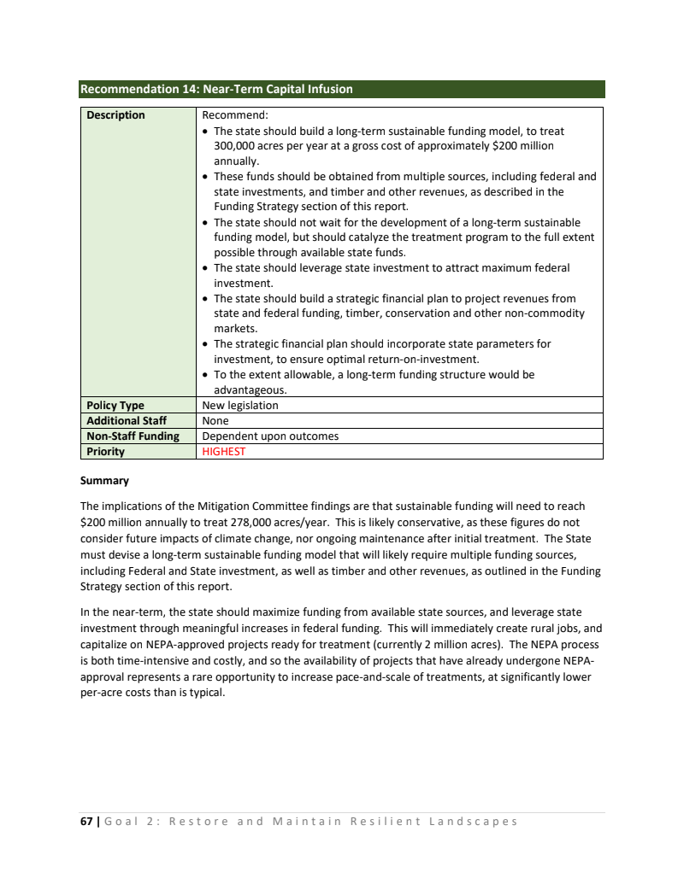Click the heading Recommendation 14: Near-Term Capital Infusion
215,89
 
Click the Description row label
115,115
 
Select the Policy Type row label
115,406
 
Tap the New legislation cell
240,406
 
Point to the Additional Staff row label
127,421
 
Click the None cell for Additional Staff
215,421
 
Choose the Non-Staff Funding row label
133,436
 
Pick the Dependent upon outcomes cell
270,436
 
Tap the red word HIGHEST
223,452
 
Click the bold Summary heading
104,481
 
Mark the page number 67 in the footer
86,822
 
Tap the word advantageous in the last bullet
249,390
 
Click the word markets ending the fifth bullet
234,329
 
